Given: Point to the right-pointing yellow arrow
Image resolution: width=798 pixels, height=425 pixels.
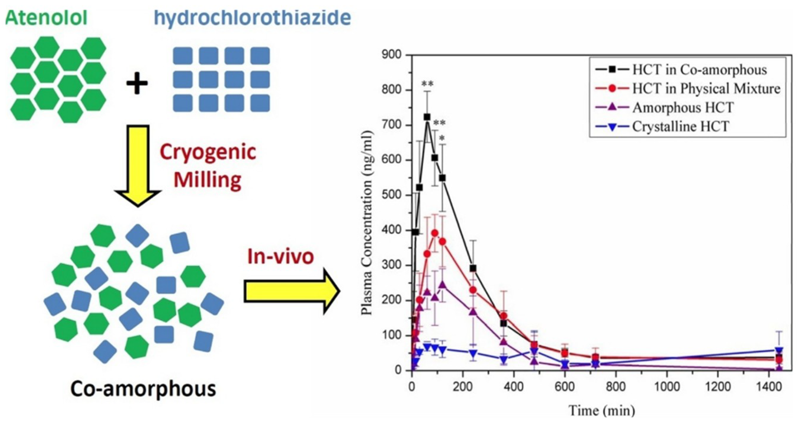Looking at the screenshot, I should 291,291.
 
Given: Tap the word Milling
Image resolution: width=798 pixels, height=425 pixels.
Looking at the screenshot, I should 208,180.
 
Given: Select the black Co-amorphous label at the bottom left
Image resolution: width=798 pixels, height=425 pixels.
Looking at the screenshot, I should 143,389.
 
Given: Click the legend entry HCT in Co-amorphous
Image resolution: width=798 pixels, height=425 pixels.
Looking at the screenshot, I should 699,70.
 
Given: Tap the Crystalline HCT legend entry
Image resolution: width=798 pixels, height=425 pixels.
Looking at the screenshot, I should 680,127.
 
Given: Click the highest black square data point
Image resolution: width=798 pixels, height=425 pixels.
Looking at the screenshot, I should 427,117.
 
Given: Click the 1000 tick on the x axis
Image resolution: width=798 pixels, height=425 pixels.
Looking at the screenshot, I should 667,387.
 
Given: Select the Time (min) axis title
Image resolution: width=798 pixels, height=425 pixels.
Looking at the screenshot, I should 602,411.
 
